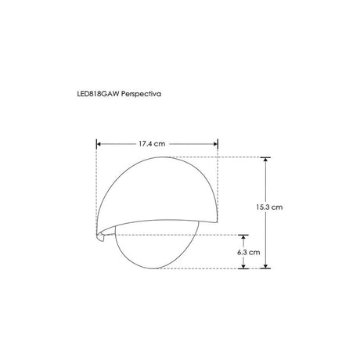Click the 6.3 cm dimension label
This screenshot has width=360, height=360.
247,253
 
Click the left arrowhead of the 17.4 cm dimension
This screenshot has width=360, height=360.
99,143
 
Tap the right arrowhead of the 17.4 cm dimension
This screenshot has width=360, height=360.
214,143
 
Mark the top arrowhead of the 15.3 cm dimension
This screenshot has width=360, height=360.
267,160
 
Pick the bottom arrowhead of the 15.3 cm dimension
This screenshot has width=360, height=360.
267,265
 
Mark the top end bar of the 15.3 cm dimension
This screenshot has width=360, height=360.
267,157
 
